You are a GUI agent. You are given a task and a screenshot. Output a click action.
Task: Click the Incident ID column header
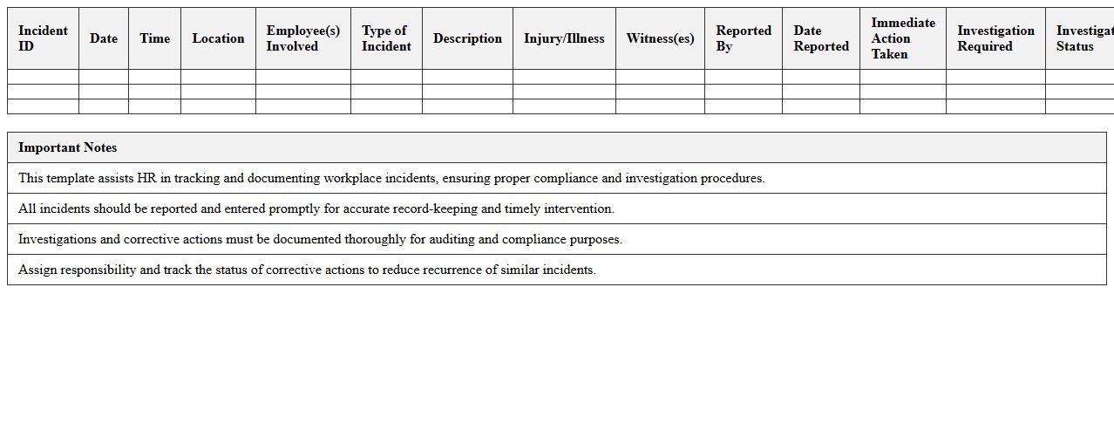click(43, 38)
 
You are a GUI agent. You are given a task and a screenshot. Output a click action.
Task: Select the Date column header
click(103, 38)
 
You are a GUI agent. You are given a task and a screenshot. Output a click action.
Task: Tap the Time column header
click(154, 38)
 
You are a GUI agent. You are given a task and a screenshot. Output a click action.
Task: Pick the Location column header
click(218, 38)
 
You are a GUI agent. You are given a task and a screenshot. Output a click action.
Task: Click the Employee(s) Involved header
click(302, 38)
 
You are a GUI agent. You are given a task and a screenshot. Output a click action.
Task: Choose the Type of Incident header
click(386, 38)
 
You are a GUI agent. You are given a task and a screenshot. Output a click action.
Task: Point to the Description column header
click(467, 38)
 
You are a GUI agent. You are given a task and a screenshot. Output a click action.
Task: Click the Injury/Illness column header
click(564, 38)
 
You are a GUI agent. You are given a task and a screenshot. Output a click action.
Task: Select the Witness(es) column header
click(660, 38)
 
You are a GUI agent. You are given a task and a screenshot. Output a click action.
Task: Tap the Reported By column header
click(743, 38)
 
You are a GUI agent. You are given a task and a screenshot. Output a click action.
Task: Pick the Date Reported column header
click(820, 38)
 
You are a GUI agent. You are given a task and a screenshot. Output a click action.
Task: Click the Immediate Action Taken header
click(902, 38)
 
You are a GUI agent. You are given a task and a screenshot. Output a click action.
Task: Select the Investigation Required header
click(995, 38)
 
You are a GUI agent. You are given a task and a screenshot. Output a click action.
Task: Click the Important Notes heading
click(67, 147)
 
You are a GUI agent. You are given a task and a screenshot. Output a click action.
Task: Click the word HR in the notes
click(146, 178)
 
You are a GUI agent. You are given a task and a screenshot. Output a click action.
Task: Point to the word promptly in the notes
click(295, 209)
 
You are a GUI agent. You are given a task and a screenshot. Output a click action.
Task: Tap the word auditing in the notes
click(452, 239)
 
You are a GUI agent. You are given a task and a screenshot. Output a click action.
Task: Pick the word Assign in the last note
click(37, 270)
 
